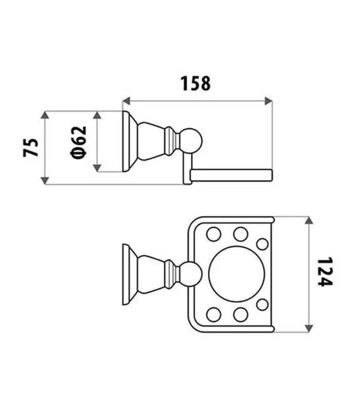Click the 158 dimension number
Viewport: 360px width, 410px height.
click(195, 83)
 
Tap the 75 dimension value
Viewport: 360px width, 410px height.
click(31, 147)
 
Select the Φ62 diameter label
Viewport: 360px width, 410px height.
click(79, 142)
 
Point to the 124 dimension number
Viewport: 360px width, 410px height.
click(325, 272)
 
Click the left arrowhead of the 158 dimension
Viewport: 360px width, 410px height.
click(126, 101)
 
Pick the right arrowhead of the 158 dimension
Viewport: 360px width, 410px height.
click(268, 101)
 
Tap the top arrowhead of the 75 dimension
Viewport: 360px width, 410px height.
click(45, 115)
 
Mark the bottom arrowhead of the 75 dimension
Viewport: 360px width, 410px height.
click(45, 180)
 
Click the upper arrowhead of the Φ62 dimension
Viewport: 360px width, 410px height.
click(97, 115)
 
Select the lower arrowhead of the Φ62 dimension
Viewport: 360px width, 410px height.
click(97, 168)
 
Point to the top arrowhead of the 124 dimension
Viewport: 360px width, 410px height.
click(309, 220)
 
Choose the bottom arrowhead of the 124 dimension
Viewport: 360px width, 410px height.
click(309, 328)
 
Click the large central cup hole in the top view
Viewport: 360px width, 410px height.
click(237, 274)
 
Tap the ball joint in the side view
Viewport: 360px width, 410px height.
click(191, 141)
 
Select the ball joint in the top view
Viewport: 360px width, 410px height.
click(191, 274)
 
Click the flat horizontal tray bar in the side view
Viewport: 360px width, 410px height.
click(231, 175)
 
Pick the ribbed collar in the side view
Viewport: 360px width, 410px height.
click(170, 141)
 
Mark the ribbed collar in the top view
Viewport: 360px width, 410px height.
click(170, 274)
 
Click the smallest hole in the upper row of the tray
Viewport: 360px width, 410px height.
click(262, 244)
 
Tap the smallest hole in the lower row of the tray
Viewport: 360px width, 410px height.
click(262, 305)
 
